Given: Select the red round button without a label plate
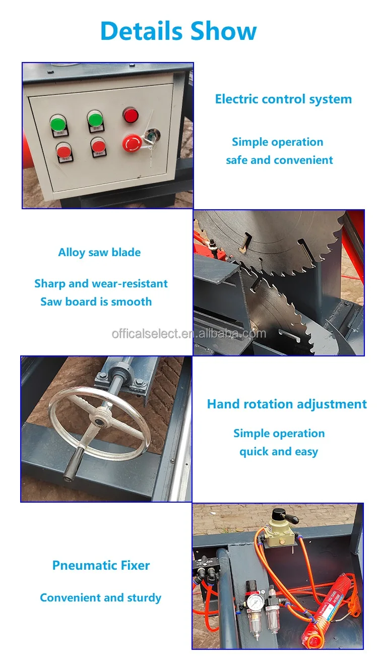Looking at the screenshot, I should click(131, 114).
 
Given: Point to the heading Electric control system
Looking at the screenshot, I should click(283, 99).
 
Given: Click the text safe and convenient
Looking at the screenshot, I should click(279, 160).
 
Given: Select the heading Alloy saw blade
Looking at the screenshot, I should click(99, 253).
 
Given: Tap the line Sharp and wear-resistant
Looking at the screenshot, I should click(101, 283).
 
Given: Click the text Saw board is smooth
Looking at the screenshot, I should click(96, 301).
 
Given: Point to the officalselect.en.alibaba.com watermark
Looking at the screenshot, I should click(188, 333).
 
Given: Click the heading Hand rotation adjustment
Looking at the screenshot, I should click(287, 404).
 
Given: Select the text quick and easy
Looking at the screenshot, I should click(278, 452).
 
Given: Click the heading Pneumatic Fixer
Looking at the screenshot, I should click(101, 565).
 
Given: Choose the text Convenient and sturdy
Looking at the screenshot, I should click(100, 598).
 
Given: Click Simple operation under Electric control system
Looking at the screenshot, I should click(277, 142).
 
